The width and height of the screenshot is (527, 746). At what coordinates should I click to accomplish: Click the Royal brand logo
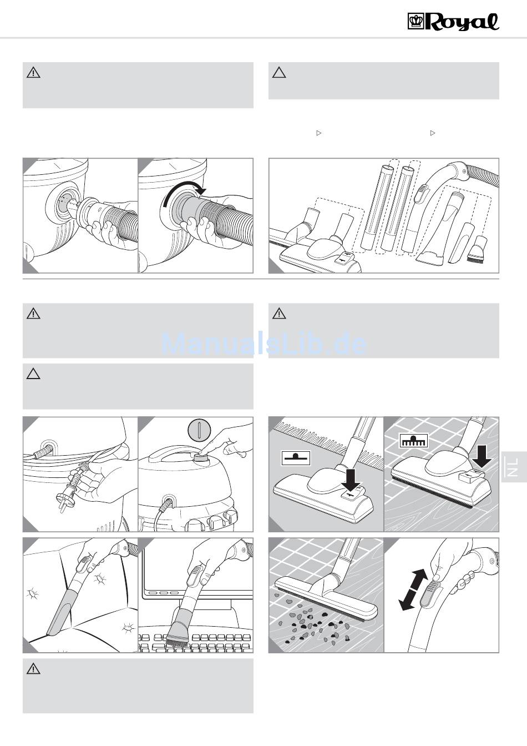[453, 22]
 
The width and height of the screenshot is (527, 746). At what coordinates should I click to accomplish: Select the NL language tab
[513, 466]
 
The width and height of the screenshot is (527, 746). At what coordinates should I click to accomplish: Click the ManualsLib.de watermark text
[264, 344]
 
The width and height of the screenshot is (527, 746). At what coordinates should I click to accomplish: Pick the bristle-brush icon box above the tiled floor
[414, 441]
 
